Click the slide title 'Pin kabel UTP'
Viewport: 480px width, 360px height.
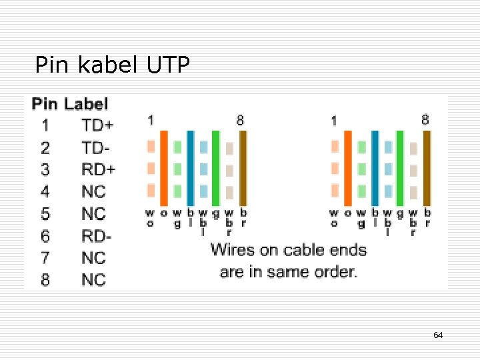(x=112, y=65)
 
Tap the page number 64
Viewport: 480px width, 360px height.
(x=438, y=335)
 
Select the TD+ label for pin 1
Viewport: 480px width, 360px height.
(x=97, y=125)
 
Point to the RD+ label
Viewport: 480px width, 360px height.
(x=98, y=169)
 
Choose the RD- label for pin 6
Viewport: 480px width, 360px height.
(x=97, y=235)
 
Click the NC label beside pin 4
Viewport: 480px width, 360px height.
(x=93, y=191)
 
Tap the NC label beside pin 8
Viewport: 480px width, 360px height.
(x=93, y=279)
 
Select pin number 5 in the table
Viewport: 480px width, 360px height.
(x=45, y=213)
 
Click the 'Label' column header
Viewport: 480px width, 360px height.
(x=86, y=104)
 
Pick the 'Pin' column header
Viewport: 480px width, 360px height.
(x=45, y=104)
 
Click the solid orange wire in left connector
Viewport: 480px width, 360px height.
(x=164, y=167)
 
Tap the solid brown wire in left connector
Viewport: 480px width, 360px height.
(x=243, y=167)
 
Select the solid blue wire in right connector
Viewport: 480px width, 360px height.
(x=375, y=167)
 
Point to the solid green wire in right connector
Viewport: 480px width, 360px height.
(x=400, y=167)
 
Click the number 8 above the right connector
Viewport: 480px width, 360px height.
(x=425, y=120)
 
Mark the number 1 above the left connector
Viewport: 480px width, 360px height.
(x=151, y=120)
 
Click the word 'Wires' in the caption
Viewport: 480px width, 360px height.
(x=230, y=250)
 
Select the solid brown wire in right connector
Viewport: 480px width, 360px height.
(x=427, y=167)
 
